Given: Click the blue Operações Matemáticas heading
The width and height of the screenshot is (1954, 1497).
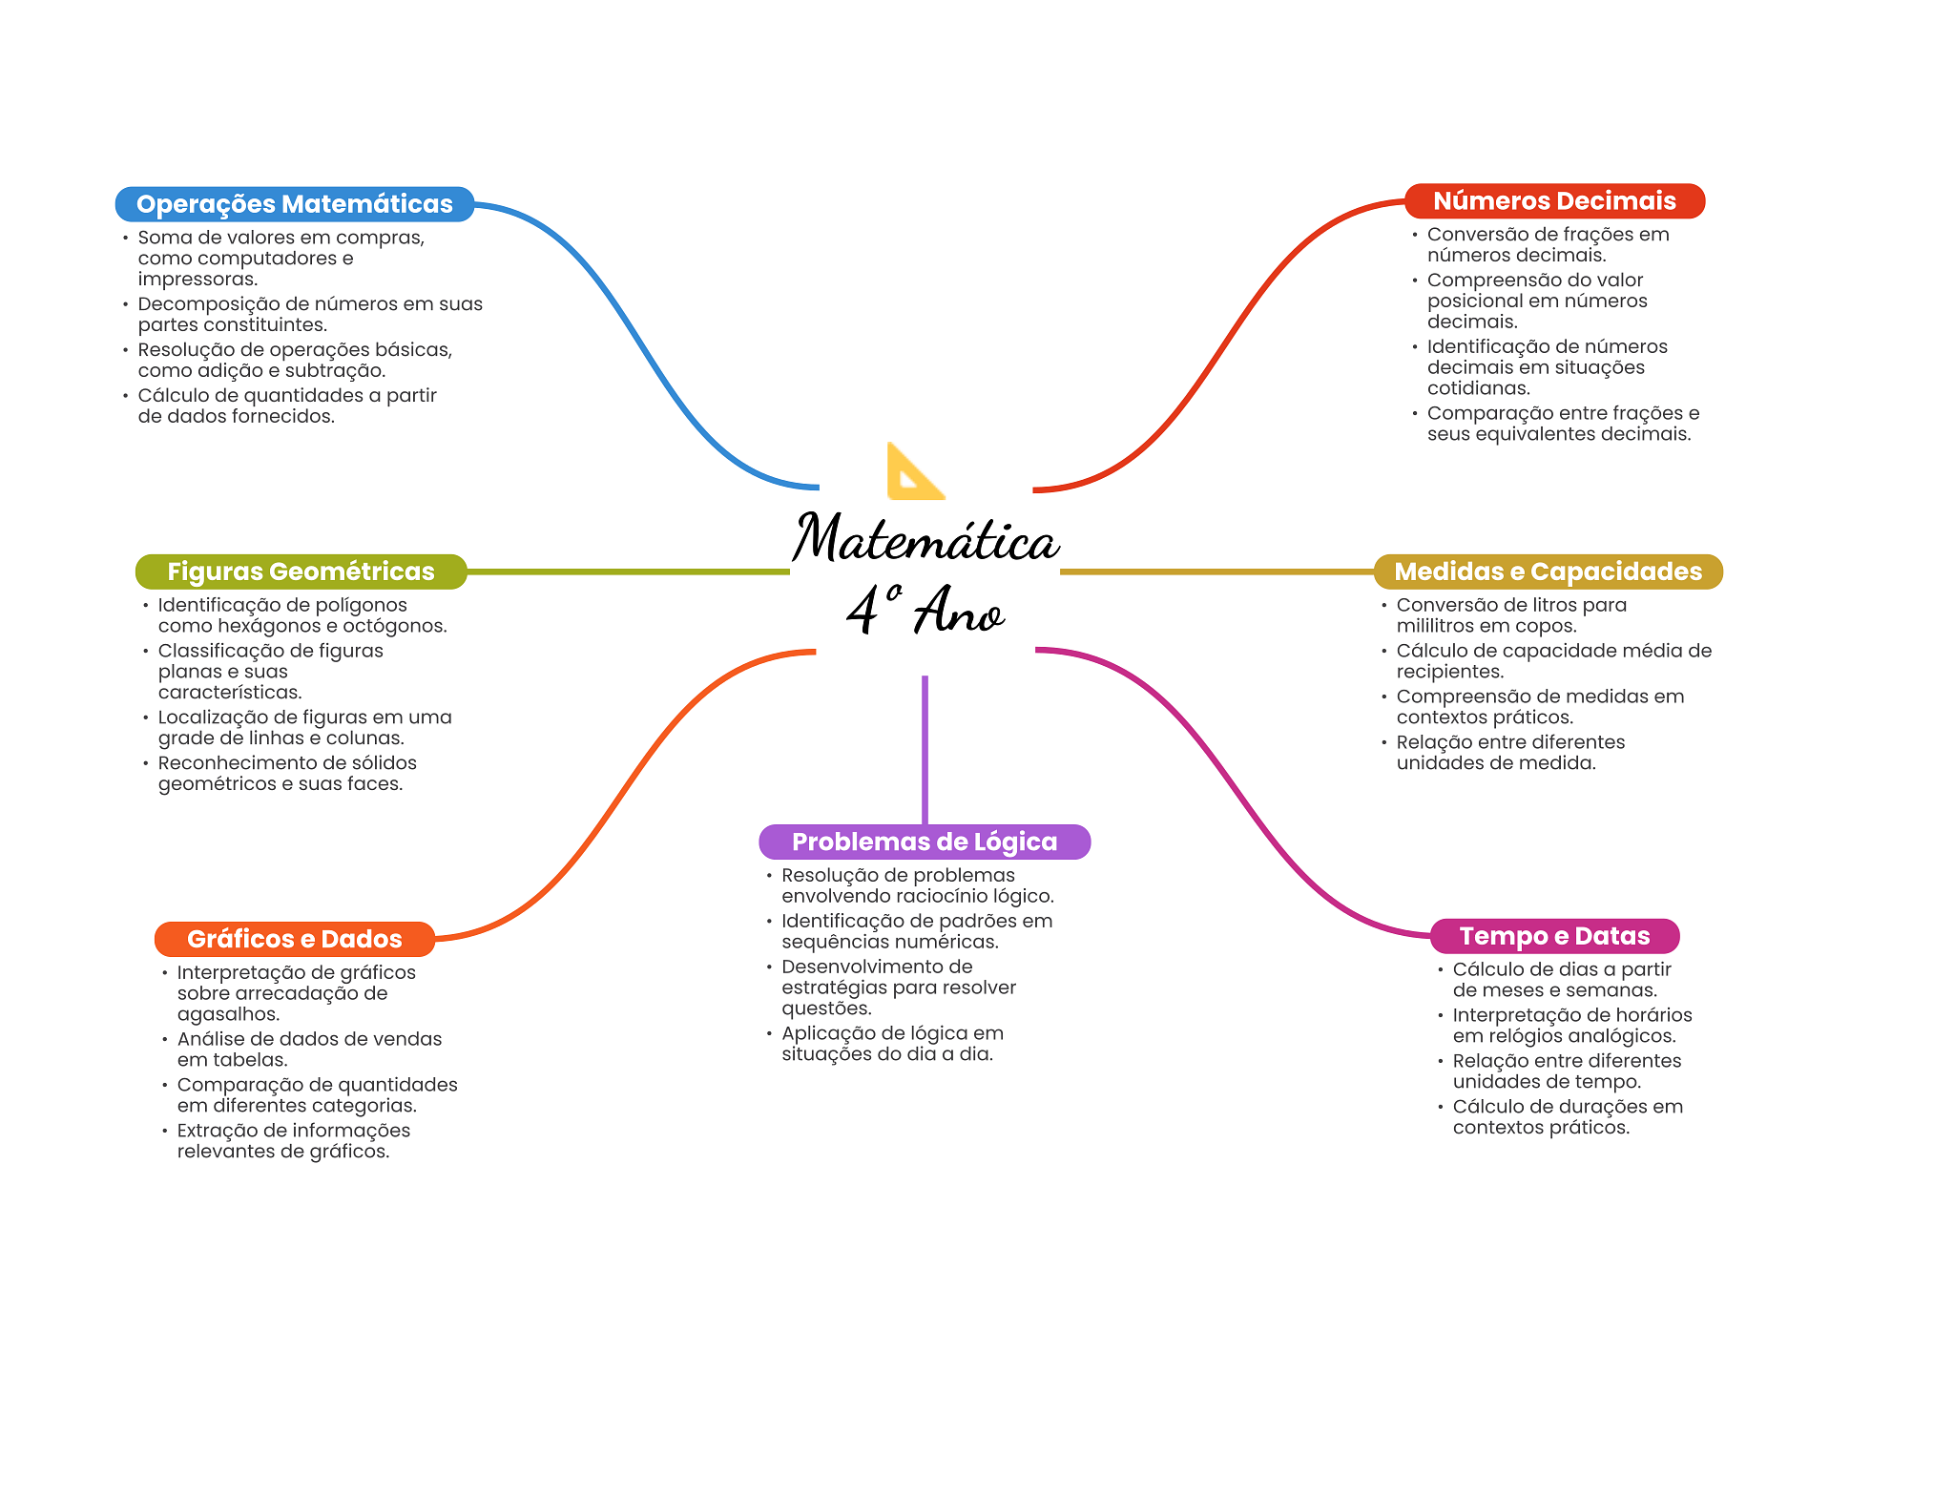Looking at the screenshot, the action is pyautogui.click(x=295, y=204).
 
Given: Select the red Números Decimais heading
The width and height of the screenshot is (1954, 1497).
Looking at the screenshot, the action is pyautogui.click(x=1554, y=201).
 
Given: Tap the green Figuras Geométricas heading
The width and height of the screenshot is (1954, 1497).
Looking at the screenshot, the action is pyautogui.click(x=301, y=572).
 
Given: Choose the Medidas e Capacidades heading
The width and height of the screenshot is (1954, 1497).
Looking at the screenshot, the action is pyautogui.click(x=1548, y=572).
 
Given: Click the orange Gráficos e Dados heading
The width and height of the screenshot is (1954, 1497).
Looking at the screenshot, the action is pyautogui.click(x=295, y=939).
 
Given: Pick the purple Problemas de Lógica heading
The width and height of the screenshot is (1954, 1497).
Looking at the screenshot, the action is pyautogui.click(x=925, y=842).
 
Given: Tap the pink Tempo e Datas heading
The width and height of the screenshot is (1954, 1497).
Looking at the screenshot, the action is pyautogui.click(x=1554, y=936).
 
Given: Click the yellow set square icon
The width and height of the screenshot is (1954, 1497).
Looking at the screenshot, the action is pyautogui.click(x=915, y=471).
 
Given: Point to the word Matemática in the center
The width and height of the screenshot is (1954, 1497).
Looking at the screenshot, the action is pyautogui.click(x=925, y=538).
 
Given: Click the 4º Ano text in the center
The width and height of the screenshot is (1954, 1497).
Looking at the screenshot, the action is pyautogui.click(x=925, y=609).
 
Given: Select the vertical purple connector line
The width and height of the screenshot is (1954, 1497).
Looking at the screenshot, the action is pyautogui.click(x=925, y=750).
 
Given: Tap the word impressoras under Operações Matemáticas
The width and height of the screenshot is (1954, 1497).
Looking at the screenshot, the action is pyautogui.click(x=197, y=280).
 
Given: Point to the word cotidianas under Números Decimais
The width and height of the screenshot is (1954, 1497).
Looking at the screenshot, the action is pyautogui.click(x=1479, y=388).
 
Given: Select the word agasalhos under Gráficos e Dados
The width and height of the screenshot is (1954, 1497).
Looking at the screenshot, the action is pyautogui.click(x=228, y=1014).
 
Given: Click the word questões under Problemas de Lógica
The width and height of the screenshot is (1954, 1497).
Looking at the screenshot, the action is pyautogui.click(x=826, y=1008).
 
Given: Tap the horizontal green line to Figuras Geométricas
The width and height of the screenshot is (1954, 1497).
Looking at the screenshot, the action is pyautogui.click(x=629, y=572).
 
